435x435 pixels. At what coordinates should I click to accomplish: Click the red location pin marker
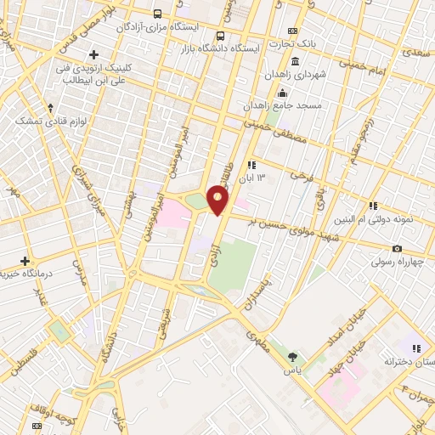tap(218, 201)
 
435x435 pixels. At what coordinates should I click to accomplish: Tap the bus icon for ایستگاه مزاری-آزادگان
tap(158, 14)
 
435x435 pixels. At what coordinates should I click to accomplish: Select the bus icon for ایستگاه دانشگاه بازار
tap(221, 36)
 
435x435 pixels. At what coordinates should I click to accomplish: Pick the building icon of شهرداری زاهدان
tap(295, 62)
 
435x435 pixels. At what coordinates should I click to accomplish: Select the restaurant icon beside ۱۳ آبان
tap(251, 165)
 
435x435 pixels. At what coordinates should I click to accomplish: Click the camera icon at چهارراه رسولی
tap(397, 248)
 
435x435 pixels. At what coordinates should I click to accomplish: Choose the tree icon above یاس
tap(294, 356)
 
